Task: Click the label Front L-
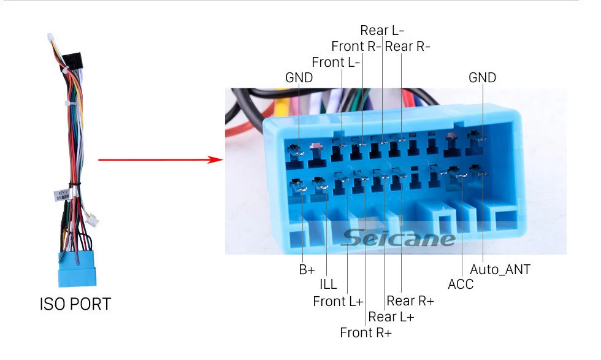click(335, 62)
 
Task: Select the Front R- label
click(356, 46)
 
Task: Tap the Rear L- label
click(382, 30)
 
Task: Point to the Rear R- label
click(407, 46)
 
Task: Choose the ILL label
click(327, 285)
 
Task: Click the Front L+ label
click(338, 301)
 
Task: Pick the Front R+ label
click(366, 332)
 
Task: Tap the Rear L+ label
click(391, 316)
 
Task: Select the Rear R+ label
click(410, 301)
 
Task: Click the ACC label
click(461, 285)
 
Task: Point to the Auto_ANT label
click(500, 269)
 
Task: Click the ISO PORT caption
click(75, 304)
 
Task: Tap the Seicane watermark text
click(399, 237)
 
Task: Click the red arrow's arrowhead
click(215, 160)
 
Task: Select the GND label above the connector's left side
click(299, 78)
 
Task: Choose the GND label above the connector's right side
click(482, 78)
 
